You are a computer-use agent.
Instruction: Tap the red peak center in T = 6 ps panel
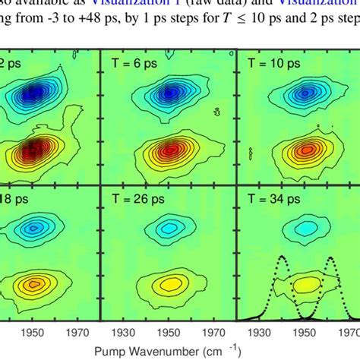point(169,149)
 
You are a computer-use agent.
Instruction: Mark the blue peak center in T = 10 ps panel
point(305,95)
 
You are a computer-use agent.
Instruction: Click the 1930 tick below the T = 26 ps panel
point(123,333)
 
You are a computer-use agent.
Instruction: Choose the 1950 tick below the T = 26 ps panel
point(169,333)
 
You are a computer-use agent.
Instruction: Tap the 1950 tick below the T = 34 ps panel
point(305,333)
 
